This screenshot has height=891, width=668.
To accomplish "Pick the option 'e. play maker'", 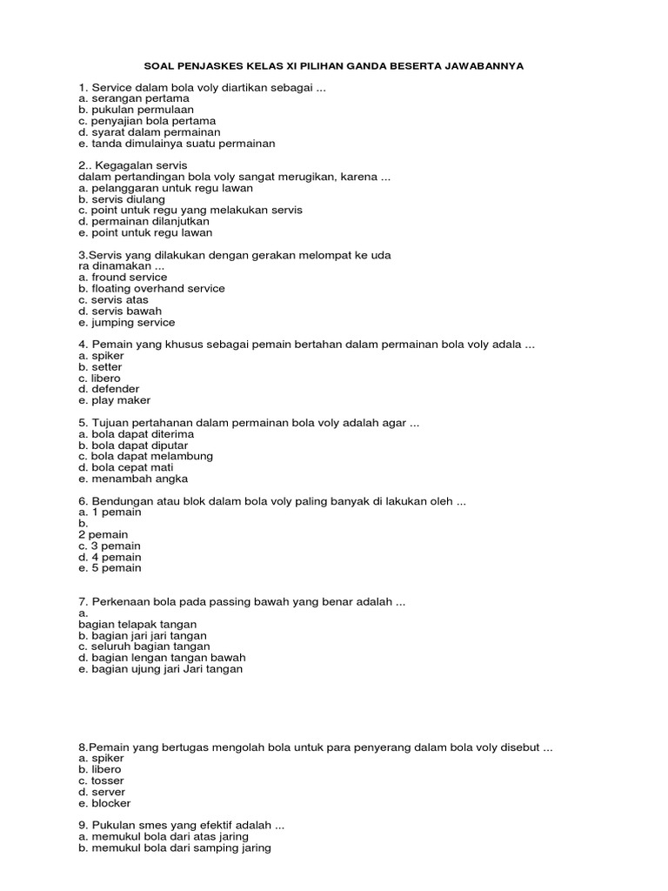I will (114, 400).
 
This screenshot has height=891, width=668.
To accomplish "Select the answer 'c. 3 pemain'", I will (109, 546).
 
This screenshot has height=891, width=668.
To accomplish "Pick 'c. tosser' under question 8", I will (101, 780).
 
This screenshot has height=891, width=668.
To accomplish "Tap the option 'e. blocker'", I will (104, 803).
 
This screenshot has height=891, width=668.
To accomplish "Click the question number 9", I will (82, 825).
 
